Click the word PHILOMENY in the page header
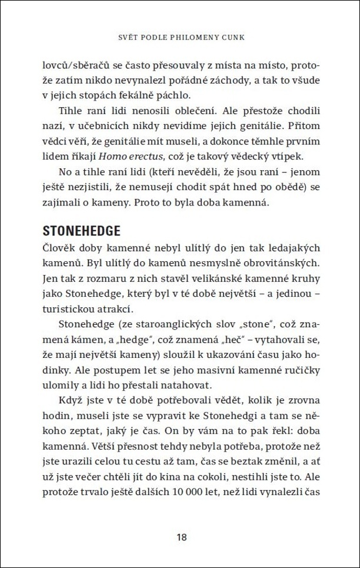(192, 37)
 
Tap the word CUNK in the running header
(234, 37)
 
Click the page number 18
(181, 537)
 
